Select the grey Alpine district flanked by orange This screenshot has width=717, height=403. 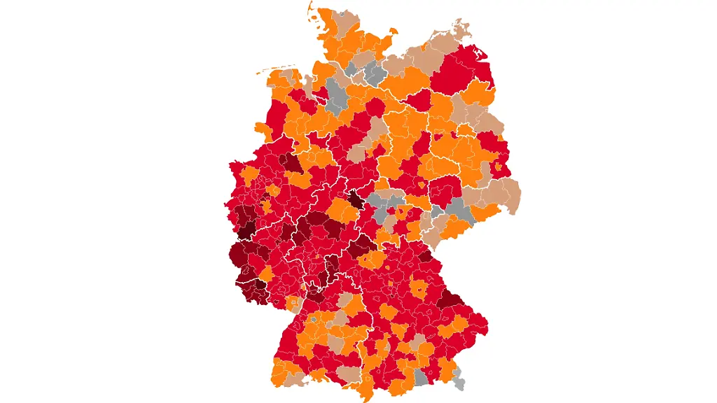click(420, 377)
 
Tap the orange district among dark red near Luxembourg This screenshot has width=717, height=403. click(266, 273)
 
